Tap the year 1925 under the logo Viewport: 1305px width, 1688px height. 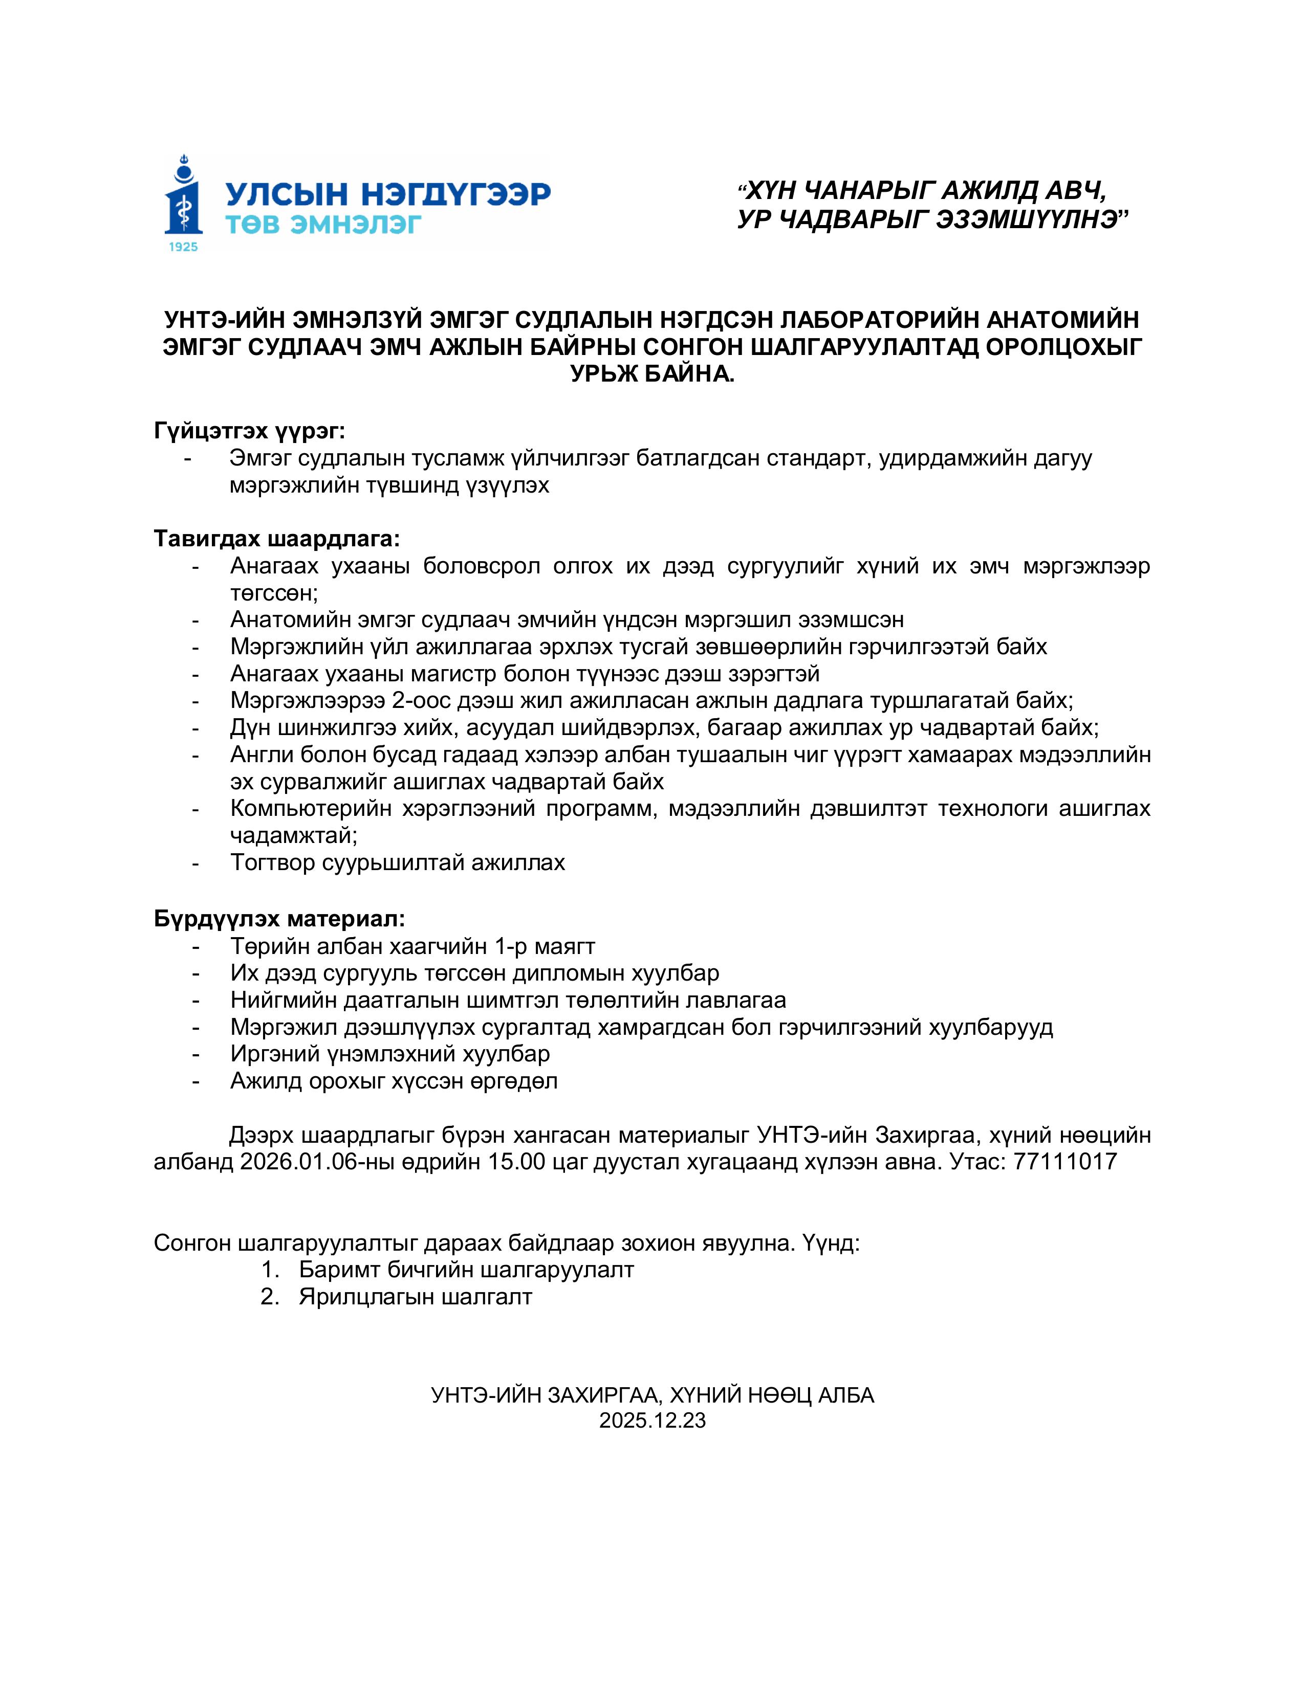pos(183,247)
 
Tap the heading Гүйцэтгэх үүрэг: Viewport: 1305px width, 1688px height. pos(250,431)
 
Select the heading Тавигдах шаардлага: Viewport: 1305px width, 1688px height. pos(277,538)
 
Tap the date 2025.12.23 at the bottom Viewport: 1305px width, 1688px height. pos(652,1420)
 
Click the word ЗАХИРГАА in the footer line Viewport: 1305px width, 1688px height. pos(602,1394)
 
